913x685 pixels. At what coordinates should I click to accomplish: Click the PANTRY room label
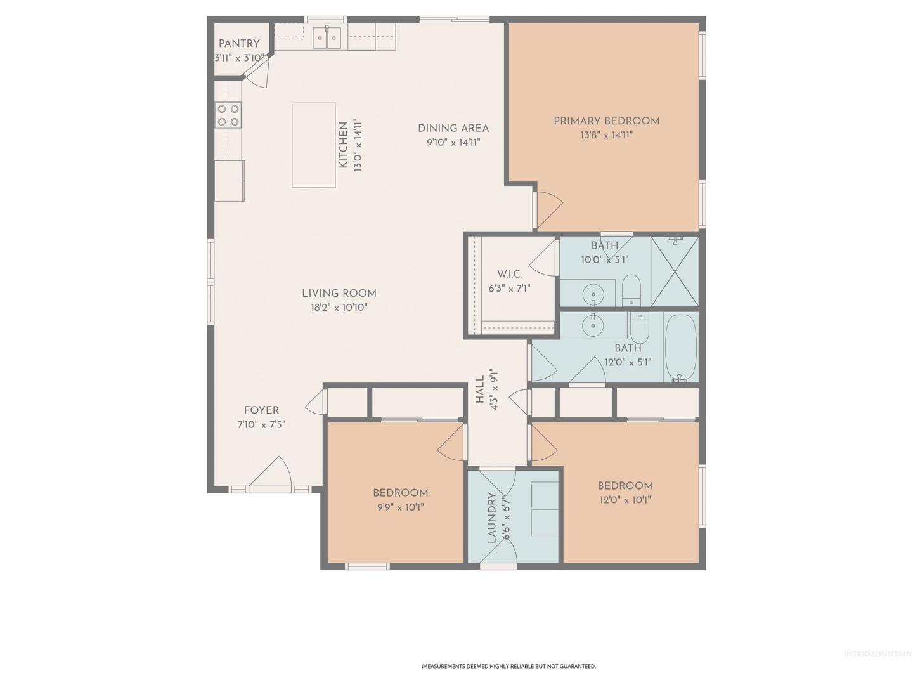click(239, 43)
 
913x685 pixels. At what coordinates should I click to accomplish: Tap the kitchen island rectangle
click(314, 145)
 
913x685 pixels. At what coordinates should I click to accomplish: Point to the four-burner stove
click(228, 115)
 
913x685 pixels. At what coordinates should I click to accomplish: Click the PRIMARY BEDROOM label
click(607, 121)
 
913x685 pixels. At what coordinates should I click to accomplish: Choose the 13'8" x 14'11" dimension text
click(607, 135)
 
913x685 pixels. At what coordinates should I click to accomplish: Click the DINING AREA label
click(453, 128)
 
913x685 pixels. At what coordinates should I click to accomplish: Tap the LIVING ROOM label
click(339, 293)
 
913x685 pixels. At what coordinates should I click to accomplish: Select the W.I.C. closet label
click(510, 274)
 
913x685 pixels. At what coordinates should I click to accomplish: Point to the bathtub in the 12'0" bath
click(680, 348)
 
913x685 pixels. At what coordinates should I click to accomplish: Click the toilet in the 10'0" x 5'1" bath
click(631, 290)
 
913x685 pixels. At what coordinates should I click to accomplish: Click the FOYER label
click(261, 410)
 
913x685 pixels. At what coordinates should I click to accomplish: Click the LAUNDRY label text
click(491, 518)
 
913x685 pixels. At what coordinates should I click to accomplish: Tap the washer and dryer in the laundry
click(545, 509)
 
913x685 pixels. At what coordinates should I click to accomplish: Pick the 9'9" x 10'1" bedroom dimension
click(399, 507)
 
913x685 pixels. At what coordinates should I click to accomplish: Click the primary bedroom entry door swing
click(549, 211)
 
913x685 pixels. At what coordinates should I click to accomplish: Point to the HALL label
click(479, 389)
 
